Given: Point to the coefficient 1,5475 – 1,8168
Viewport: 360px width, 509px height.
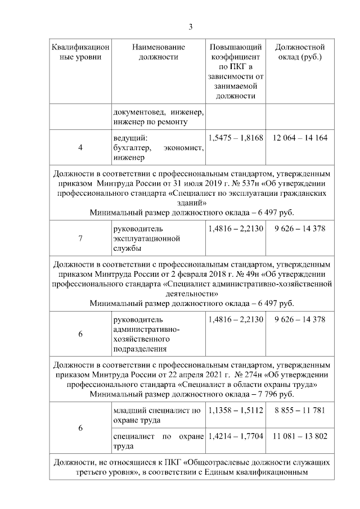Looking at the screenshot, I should coord(236,138).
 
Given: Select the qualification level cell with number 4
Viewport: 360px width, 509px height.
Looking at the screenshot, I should coord(80,147).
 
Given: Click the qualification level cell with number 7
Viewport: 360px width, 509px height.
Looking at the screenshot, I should coord(80,238).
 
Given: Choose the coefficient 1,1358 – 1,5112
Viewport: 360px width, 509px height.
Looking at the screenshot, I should coord(236,411).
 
